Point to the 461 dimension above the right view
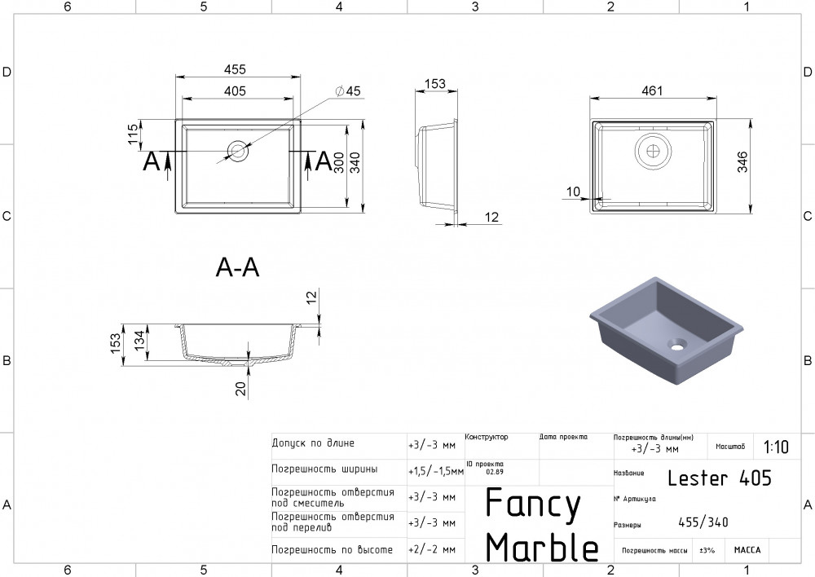click(x=651, y=90)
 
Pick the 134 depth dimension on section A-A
click(x=139, y=341)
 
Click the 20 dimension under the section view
click(x=240, y=389)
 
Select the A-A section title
click(x=237, y=266)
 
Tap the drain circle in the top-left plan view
click(x=239, y=151)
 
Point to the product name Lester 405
click(x=719, y=478)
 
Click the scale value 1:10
click(x=776, y=447)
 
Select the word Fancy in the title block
click(x=533, y=504)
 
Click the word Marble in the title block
click(x=542, y=548)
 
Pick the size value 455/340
click(x=703, y=522)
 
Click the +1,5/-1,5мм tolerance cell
click(x=434, y=471)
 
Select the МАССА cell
click(x=747, y=550)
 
